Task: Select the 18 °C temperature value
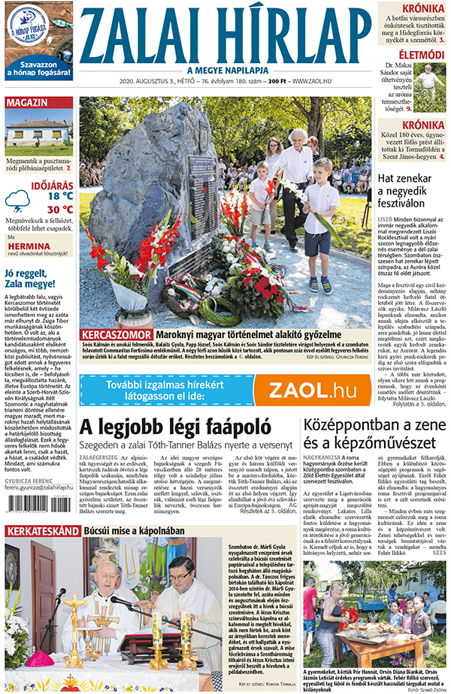tap(59, 196)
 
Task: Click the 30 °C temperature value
tap(59, 210)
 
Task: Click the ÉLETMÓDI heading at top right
tap(421, 55)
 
